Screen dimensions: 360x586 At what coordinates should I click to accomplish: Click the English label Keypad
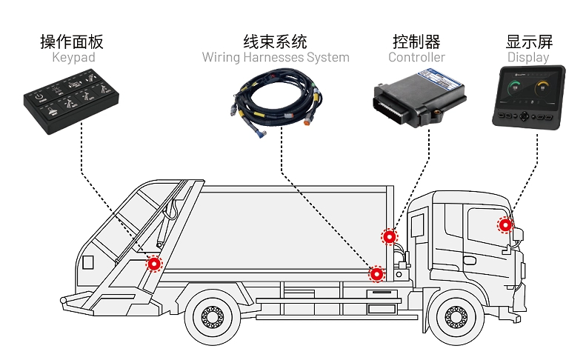click(73, 57)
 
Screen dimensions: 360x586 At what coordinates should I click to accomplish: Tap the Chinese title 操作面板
click(73, 41)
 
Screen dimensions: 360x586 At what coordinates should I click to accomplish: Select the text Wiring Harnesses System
click(276, 57)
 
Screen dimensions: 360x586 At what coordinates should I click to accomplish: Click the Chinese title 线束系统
click(276, 41)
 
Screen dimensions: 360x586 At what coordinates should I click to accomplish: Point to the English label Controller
click(417, 57)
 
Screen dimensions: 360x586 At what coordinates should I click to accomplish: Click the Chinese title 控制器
click(416, 41)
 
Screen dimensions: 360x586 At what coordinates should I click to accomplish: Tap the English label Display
click(528, 57)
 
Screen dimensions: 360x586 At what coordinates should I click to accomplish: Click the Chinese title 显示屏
click(529, 41)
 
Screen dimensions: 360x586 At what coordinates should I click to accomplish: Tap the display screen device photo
click(529, 96)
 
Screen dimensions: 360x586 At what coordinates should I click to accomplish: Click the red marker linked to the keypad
click(154, 263)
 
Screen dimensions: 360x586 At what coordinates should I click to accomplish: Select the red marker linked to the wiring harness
click(377, 274)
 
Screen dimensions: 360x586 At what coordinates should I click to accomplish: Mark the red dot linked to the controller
click(389, 237)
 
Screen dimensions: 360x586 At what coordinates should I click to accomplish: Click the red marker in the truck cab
click(505, 224)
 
